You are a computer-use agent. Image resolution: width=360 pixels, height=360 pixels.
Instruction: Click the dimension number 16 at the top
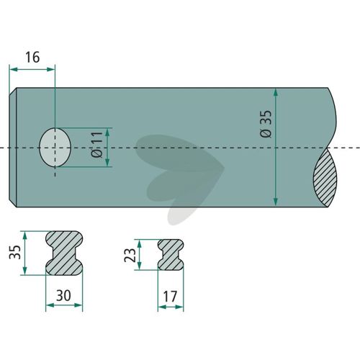coord(32,58)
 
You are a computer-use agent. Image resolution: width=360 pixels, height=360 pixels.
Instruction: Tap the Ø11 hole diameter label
coord(96,145)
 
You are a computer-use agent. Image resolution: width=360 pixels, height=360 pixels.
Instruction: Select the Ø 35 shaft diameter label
coord(266,124)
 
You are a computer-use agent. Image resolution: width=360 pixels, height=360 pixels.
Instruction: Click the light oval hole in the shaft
coord(55,148)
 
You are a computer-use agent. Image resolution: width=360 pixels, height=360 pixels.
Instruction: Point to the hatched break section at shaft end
coord(325,178)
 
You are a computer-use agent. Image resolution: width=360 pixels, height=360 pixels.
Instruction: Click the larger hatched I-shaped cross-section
coord(64,253)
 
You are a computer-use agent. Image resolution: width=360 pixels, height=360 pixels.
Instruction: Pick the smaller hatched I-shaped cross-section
coord(171,254)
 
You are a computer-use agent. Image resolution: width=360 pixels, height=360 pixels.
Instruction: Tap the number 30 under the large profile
coord(63,295)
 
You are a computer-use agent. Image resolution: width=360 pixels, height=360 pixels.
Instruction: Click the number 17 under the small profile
coord(170,297)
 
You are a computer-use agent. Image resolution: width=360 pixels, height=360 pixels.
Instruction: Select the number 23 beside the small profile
coord(130,255)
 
